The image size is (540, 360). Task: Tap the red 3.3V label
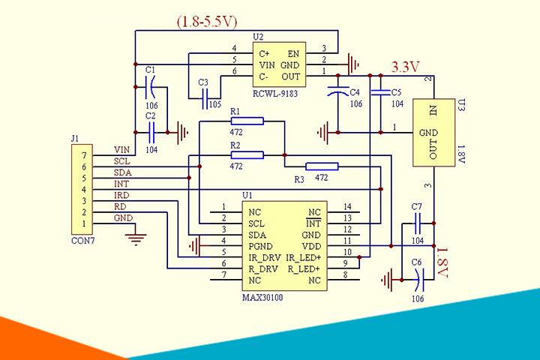[405, 67]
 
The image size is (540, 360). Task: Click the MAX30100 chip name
[262, 298]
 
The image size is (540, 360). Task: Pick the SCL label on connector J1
[121, 161]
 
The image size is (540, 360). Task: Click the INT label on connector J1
[121, 184]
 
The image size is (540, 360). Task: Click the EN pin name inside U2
[293, 54]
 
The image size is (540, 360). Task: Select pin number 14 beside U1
[346, 207]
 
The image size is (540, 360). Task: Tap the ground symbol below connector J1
[136, 239]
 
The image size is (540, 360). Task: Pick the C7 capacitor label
[418, 206]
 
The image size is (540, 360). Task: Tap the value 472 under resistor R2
[236, 166]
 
